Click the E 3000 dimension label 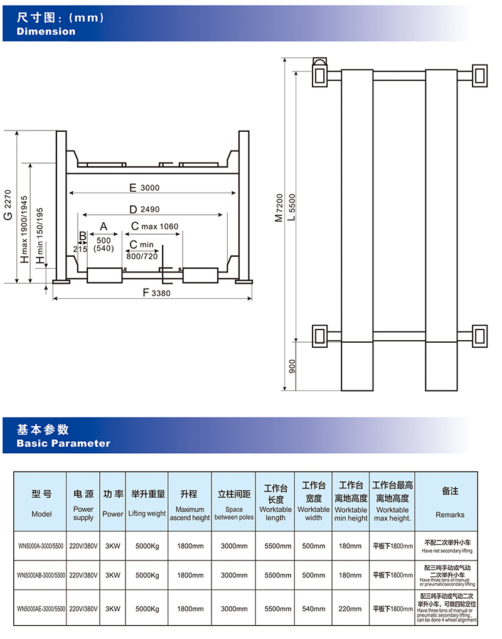coord(144,188)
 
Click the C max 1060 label coord(154,226)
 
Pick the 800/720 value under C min coord(142,256)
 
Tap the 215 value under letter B coord(80,249)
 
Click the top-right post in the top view coord(480,75)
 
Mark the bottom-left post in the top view coord(319,335)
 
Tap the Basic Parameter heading coord(63,443)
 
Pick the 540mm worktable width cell coord(313,609)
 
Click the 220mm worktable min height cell coord(350,609)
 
